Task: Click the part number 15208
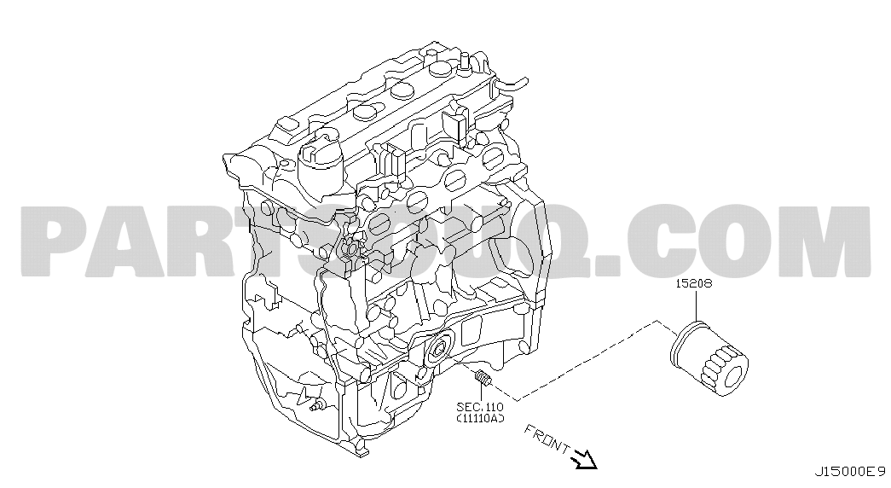coord(693,283)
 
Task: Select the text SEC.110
coord(480,407)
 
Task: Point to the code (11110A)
coord(480,419)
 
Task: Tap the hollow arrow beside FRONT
coord(584,458)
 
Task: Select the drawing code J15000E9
coord(850,472)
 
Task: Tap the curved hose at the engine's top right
coord(512,84)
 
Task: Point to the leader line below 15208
coord(695,306)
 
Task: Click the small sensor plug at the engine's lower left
coord(316,405)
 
